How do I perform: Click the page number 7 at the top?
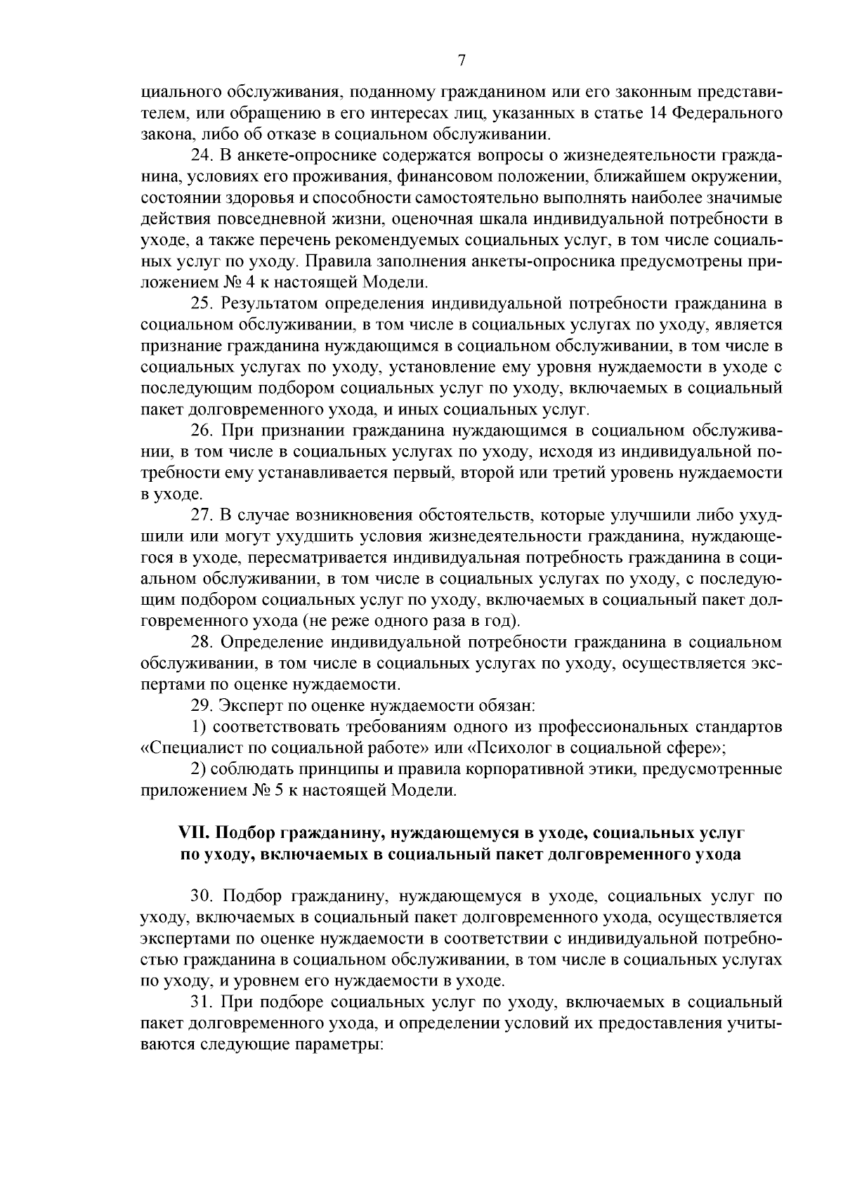[x=462, y=61]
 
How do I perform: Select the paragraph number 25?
[x=202, y=303]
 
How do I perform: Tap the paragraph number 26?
[x=202, y=431]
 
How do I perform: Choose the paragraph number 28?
[x=202, y=642]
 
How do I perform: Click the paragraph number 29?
[x=202, y=705]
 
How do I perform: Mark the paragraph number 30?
[x=202, y=896]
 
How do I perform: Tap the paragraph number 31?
[x=202, y=1001]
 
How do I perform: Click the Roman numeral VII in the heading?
[x=195, y=833]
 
